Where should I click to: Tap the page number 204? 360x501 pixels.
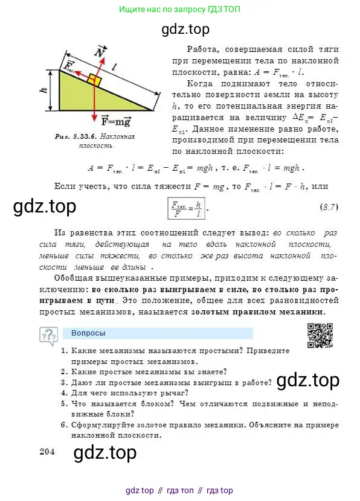[48, 450]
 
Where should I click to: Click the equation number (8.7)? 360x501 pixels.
[329, 208]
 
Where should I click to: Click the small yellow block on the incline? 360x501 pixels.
[94, 79]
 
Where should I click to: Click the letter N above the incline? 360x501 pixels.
[99, 52]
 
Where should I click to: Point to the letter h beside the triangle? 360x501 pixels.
[43, 90]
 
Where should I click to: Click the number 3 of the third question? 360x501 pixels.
[63, 382]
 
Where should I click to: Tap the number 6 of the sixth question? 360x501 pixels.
[63, 424]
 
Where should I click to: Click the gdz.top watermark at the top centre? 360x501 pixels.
[187, 28]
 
